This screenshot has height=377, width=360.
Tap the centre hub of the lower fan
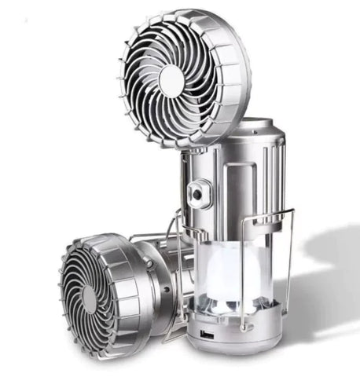(90, 299)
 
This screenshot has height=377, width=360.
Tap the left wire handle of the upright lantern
(180, 259)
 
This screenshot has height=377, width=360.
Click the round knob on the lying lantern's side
(164, 284)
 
